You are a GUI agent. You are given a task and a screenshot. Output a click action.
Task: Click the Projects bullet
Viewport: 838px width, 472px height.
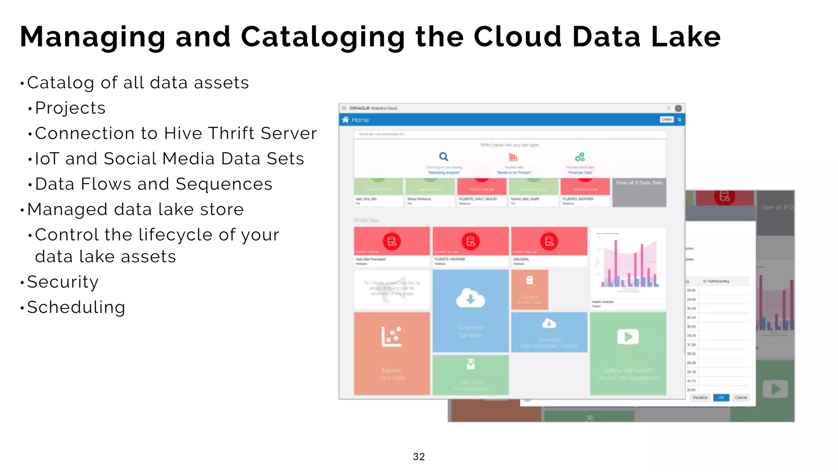coord(70,108)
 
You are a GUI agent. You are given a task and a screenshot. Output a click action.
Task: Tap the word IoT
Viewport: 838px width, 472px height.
coord(47,159)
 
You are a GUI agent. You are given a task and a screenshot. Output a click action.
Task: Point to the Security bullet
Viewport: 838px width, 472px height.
coord(63,282)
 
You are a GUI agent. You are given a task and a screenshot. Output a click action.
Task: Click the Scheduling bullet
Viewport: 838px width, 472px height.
coord(76,307)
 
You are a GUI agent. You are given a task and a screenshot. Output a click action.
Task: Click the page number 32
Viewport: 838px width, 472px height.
coord(419,456)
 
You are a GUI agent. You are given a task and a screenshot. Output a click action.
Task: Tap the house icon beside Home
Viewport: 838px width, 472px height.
coord(345,120)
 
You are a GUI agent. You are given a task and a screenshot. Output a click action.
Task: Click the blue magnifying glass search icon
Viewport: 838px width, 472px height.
coord(444,157)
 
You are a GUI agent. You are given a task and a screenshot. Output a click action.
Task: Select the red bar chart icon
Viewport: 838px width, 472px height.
coord(513,157)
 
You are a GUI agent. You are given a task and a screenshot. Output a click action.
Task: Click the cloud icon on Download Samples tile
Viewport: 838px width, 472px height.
coord(471,298)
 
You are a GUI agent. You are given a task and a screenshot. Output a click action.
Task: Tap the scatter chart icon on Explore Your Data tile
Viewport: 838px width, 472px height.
coord(392,337)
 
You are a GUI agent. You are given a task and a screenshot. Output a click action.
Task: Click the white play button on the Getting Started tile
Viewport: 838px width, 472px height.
coord(628,337)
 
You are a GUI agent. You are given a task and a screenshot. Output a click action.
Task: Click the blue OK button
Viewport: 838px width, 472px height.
coord(721,397)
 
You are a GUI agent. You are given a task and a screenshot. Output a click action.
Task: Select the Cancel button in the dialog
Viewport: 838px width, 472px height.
coord(741,397)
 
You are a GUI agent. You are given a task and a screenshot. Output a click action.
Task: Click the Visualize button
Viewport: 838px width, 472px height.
coord(700,397)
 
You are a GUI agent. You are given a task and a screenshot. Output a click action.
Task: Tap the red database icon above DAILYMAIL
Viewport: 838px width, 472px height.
coord(549,241)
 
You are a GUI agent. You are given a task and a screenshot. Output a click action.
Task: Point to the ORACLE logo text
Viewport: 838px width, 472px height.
coord(360,108)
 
